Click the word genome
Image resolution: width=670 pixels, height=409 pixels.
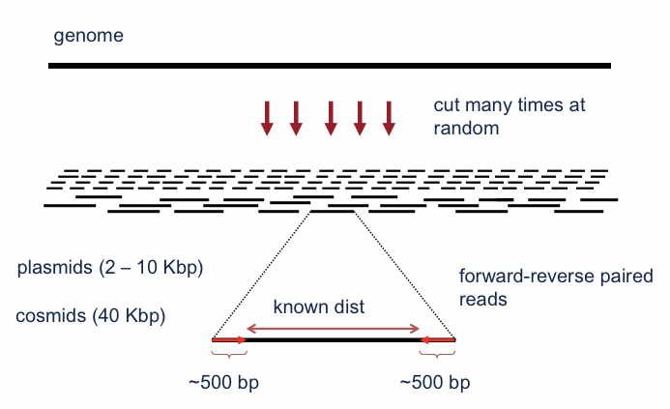tap(88, 37)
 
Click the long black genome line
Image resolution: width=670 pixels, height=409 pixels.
tap(330, 66)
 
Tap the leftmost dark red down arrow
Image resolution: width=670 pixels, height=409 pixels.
tap(267, 117)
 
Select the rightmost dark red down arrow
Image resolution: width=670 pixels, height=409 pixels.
tap(389, 117)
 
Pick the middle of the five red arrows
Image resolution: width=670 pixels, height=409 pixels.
tap(331, 117)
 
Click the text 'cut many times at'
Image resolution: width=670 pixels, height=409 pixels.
tap(509, 104)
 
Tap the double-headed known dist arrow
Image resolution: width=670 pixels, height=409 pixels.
tap(333, 329)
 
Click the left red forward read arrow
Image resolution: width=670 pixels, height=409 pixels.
tap(229, 340)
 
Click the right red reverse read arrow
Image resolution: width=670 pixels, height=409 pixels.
tap(437, 340)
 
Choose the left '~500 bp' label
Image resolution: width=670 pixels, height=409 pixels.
tap(223, 383)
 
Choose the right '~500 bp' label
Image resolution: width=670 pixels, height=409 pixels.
tap(434, 383)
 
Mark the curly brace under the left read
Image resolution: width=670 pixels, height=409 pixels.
tap(229, 355)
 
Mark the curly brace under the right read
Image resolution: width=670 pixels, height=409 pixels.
tap(437, 355)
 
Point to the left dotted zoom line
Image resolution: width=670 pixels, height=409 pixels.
tap(262, 274)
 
